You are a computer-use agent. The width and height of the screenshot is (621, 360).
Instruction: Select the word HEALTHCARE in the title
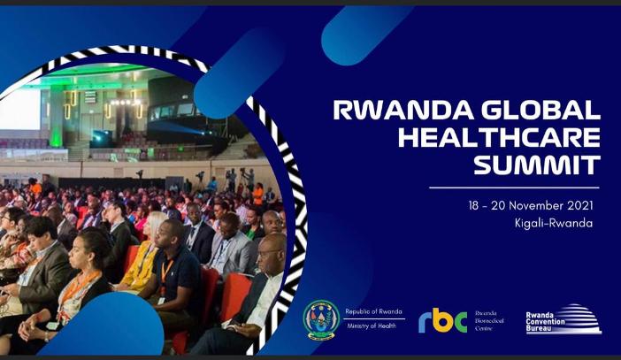(499, 137)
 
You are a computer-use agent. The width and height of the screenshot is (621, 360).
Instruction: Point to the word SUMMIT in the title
(537, 165)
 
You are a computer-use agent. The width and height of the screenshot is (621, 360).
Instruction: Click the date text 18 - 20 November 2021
(531, 206)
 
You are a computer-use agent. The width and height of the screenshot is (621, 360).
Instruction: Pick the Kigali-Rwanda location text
(554, 223)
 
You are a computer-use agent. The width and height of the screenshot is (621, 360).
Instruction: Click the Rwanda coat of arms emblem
(321, 319)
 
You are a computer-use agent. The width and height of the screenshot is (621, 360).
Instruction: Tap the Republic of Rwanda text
(373, 311)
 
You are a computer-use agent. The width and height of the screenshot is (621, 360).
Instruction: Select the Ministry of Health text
(372, 326)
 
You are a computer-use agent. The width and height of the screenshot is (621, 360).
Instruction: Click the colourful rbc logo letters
(443, 320)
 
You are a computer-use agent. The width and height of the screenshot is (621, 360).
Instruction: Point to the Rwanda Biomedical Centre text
(489, 321)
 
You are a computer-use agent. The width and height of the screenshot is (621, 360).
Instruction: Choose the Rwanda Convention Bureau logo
(563, 319)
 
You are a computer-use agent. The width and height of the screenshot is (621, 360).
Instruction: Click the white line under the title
(514, 188)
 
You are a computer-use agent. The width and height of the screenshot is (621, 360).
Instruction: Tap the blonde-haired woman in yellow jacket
(143, 254)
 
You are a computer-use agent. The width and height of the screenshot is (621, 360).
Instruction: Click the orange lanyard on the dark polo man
(166, 272)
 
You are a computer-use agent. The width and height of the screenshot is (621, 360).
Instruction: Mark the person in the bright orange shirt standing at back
(257, 194)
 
